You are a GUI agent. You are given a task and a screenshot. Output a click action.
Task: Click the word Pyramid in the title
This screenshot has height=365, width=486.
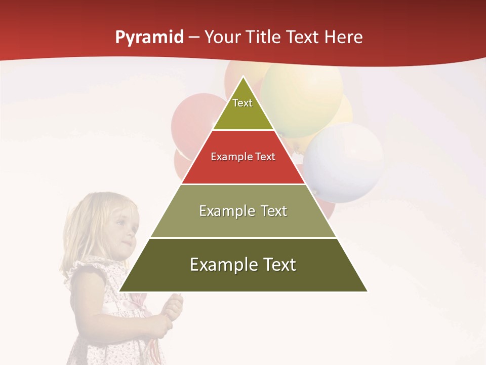(x=149, y=38)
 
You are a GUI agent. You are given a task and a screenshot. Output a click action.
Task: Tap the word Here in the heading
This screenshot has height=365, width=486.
(x=344, y=38)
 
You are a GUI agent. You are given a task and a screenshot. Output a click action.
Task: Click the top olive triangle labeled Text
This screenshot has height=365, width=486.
(x=243, y=109)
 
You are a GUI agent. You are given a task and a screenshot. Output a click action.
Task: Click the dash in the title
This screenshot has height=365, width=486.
(x=194, y=38)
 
